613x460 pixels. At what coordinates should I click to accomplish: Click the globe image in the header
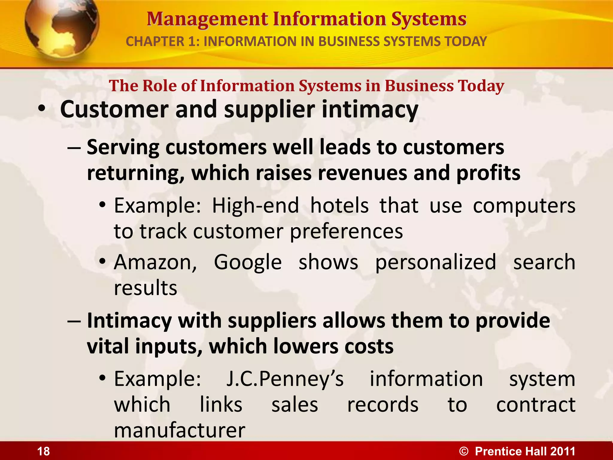[x=61, y=28]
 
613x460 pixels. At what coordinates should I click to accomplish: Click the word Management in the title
[x=207, y=19]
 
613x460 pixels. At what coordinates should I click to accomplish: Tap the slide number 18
[x=43, y=451]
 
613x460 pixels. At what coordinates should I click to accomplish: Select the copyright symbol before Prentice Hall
[x=464, y=451]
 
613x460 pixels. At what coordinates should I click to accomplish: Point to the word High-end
[x=256, y=206]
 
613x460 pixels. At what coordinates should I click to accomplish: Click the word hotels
[x=339, y=206]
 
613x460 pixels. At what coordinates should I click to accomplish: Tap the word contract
[x=535, y=405]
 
